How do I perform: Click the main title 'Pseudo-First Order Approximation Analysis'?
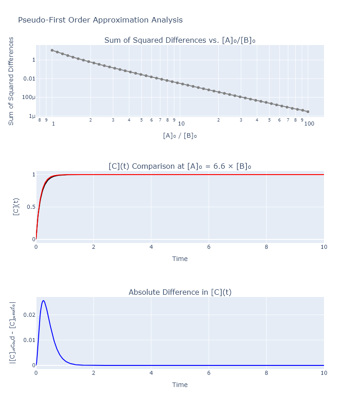tap(100, 20)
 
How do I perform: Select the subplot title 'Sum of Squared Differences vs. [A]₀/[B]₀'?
tap(180, 40)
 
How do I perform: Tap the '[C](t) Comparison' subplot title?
tap(180, 166)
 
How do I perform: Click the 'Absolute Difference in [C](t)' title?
tap(180, 292)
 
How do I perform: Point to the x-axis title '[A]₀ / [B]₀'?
tap(180, 135)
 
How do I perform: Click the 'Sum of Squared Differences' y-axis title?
tap(11, 81)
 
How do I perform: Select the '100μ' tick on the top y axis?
tap(29, 98)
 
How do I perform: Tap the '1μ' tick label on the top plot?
tap(31, 116)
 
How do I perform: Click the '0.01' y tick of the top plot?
tap(29, 79)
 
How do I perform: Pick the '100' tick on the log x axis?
tap(309, 124)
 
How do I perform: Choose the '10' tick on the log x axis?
tap(181, 124)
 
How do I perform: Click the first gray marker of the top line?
tap(52, 50)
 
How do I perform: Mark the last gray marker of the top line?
tap(308, 112)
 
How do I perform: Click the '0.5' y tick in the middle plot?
tap(30, 207)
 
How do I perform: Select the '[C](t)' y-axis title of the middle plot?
tap(16, 207)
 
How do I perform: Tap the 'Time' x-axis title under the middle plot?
tap(180, 259)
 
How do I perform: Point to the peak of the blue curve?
tap(43, 301)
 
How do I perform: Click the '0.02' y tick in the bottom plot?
tap(29, 315)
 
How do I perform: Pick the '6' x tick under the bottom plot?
tap(209, 373)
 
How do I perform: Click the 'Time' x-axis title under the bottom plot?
tap(180, 385)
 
